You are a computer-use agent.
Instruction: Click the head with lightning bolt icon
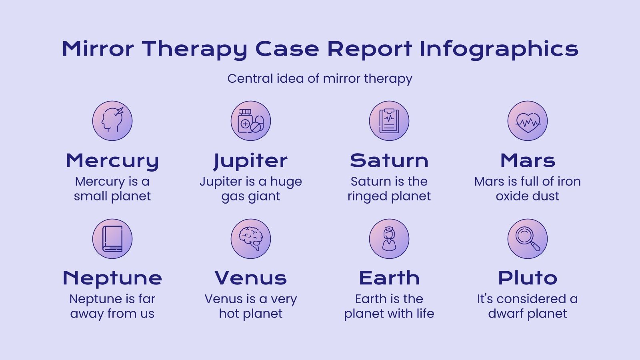point(112,121)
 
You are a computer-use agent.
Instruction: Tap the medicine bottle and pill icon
point(251,121)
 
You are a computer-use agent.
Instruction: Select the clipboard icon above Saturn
point(389,121)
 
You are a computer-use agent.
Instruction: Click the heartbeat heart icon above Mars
point(528,121)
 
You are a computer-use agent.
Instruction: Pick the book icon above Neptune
point(112,239)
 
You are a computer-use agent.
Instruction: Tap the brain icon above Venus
point(251,239)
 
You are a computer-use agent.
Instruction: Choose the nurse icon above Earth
point(389,239)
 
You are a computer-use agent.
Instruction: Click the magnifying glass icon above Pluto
point(528,239)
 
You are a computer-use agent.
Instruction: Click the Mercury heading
point(112,161)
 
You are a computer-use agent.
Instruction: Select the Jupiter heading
point(251,161)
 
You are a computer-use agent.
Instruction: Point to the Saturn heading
point(389,161)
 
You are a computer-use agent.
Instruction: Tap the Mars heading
point(528,161)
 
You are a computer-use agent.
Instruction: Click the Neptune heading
point(112,278)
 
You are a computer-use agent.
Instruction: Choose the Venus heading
point(251,278)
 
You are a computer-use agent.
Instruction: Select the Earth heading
point(389,278)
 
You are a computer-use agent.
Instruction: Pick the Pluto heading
point(528,278)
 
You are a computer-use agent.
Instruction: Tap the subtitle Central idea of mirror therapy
point(320,78)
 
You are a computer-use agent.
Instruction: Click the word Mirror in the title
point(98,49)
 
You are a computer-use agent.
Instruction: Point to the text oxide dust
point(528,196)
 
